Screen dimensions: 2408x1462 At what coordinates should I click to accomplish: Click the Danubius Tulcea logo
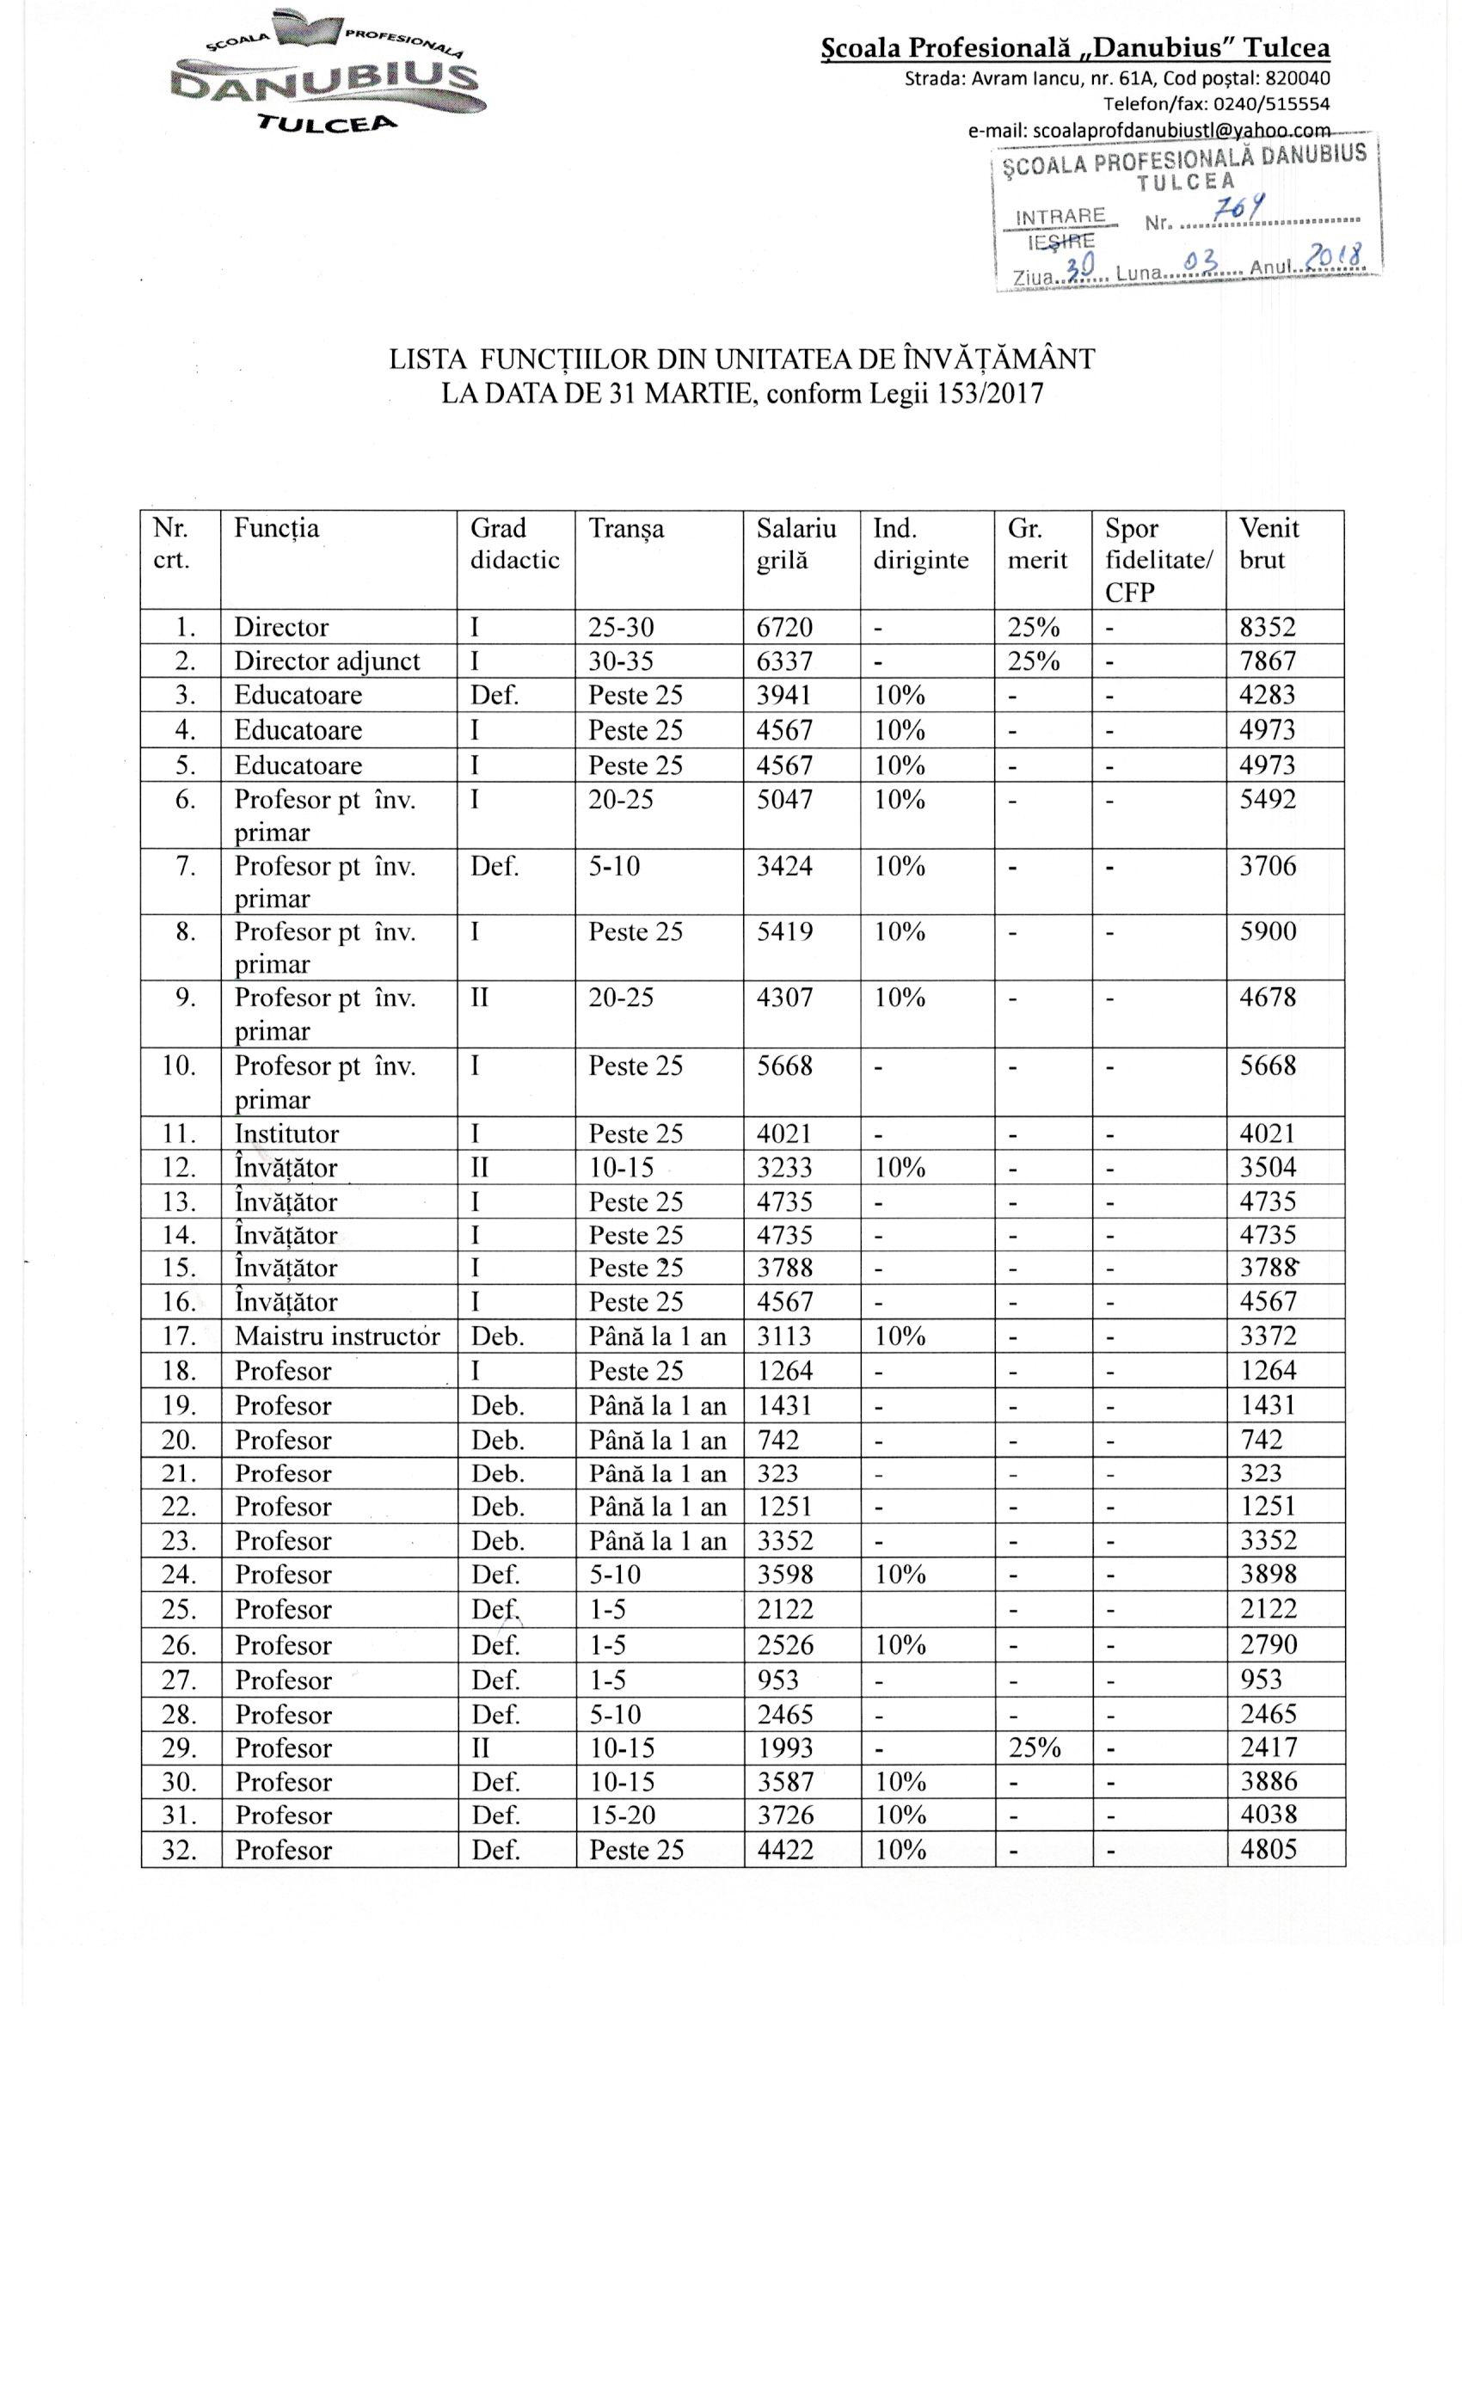(330, 72)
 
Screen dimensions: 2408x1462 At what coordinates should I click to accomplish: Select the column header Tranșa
(625, 529)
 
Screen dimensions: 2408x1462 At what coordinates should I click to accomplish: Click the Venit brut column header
(1269, 544)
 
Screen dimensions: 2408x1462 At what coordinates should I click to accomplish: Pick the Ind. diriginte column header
(920, 544)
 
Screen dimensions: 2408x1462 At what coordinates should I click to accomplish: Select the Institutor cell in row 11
(286, 1133)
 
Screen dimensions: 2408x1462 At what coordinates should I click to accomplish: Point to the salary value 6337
(784, 661)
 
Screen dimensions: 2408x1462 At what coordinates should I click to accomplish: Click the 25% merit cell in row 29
(1033, 1748)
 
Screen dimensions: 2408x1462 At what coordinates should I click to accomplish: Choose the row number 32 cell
(180, 1850)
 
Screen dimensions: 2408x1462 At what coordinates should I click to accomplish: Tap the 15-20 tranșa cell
(622, 1815)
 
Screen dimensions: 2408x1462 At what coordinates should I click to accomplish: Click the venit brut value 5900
(1268, 931)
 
